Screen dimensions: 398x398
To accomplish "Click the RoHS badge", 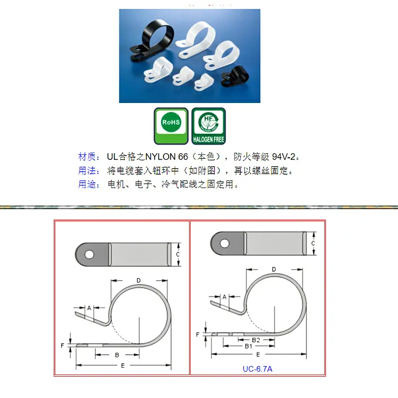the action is [171, 126].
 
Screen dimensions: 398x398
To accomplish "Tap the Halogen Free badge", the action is [208, 126].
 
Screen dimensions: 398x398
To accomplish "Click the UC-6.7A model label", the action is [257, 369].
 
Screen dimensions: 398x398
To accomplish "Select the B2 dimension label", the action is [256, 340].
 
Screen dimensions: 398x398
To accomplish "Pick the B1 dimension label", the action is [248, 346].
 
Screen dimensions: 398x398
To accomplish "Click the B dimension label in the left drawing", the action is [117, 355].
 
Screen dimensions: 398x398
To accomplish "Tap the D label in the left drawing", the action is [139, 281].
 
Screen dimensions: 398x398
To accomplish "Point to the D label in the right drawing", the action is [274, 269].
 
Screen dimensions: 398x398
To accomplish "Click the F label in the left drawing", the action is [62, 345].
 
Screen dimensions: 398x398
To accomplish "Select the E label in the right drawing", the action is [258, 355].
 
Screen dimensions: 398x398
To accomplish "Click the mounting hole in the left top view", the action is [90, 255].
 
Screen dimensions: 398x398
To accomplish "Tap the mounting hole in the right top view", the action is [225, 243].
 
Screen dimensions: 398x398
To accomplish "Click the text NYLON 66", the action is [167, 157].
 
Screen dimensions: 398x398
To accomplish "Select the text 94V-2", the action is [284, 157].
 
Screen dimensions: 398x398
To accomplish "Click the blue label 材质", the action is [87, 157].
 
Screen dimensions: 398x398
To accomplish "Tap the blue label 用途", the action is [87, 184].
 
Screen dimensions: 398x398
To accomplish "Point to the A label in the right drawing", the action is [224, 297].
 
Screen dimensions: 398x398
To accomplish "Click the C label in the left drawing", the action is [178, 254].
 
